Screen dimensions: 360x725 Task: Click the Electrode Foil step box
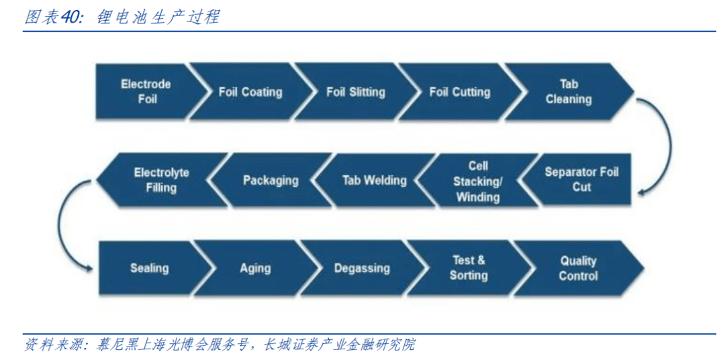coord(146,91)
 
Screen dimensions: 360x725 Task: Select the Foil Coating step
coord(250,92)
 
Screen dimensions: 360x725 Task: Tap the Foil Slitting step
coord(356,92)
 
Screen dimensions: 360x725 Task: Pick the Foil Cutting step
coord(460,92)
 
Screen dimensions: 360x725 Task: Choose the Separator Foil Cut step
coord(581,179)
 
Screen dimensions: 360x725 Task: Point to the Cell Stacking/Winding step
coord(477,181)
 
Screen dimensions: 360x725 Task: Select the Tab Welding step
coord(375,180)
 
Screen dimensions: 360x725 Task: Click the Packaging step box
coord(271,180)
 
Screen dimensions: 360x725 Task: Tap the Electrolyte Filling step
coord(161,180)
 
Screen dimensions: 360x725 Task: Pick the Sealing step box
coord(149,268)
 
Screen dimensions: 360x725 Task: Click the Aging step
coord(255,268)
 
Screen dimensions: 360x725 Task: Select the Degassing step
coord(362,268)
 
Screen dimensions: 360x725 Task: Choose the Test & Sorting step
coord(469,268)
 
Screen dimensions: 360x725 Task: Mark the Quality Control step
coord(578,268)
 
